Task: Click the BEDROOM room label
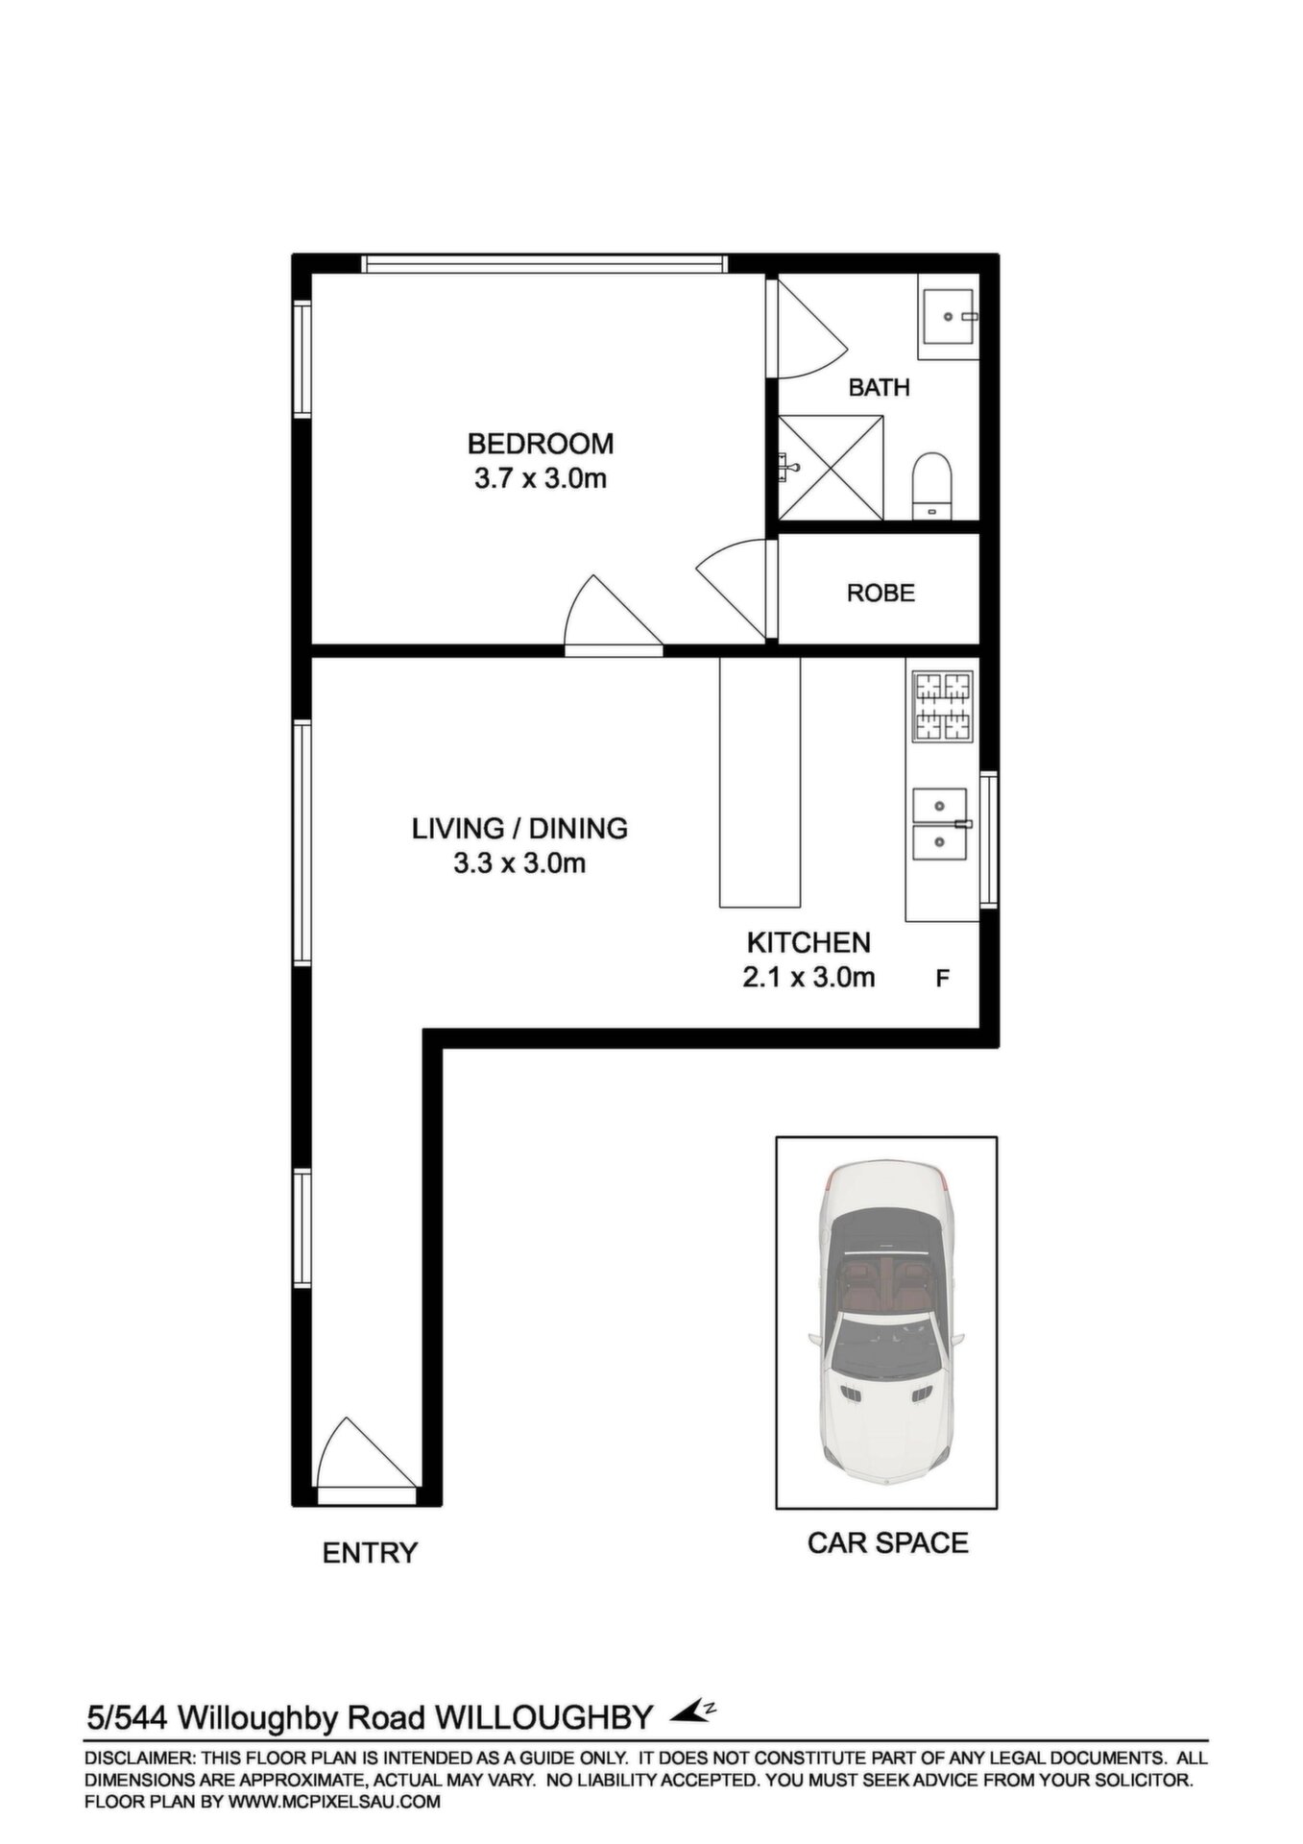(x=541, y=444)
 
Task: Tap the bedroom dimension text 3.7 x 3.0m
(x=541, y=478)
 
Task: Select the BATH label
(x=880, y=388)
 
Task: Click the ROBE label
(x=881, y=594)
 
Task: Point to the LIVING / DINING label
(x=519, y=828)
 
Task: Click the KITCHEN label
(x=808, y=942)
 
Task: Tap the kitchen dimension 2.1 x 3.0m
(x=808, y=978)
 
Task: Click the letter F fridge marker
(x=943, y=979)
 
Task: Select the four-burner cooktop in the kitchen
(x=942, y=706)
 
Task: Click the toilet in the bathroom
(x=930, y=485)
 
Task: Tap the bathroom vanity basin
(x=947, y=316)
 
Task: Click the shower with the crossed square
(x=830, y=468)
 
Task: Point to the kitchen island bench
(x=760, y=782)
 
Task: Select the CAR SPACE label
(x=887, y=1542)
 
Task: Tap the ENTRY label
(x=370, y=1552)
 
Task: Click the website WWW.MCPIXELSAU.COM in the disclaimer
(x=334, y=1802)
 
